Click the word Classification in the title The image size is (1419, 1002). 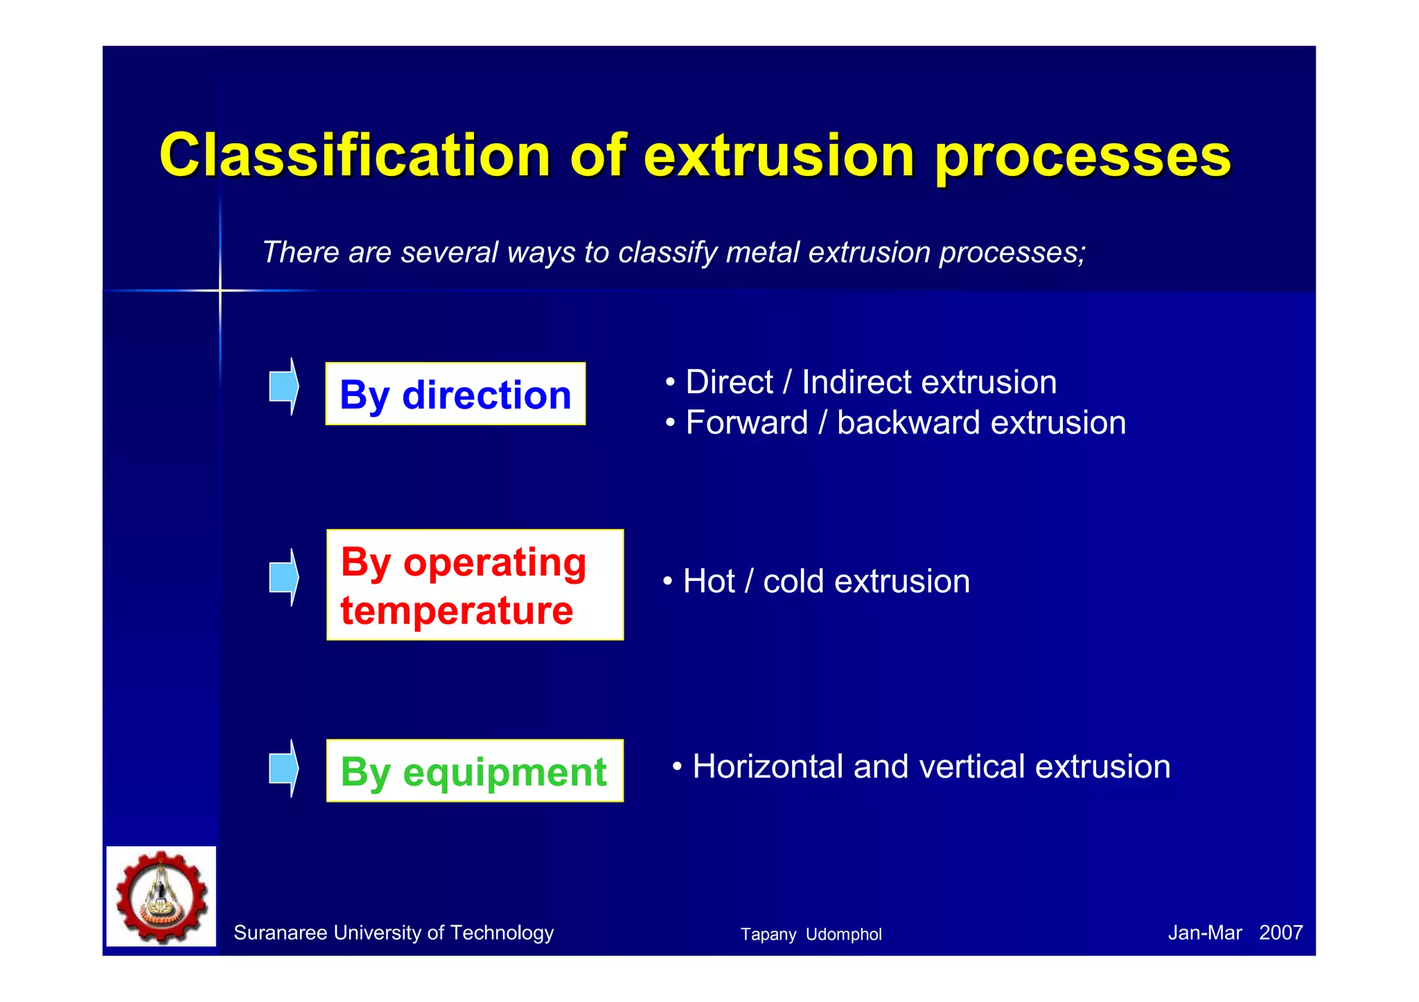[x=354, y=155]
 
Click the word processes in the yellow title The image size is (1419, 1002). [x=1082, y=156]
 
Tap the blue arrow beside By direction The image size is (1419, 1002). [x=283, y=386]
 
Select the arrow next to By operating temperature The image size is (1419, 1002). [x=283, y=577]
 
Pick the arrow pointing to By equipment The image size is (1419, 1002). [x=283, y=768]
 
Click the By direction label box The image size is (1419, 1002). [x=455, y=394]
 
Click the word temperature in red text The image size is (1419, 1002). [x=457, y=611]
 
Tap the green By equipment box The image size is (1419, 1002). [x=474, y=771]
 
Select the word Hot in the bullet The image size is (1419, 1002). [x=708, y=581]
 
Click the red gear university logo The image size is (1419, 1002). [x=161, y=896]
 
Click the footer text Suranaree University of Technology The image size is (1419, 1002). [x=394, y=933]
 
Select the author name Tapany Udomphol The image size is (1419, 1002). [x=811, y=934]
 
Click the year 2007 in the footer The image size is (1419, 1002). [x=1280, y=932]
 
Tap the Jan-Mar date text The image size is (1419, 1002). [x=1204, y=932]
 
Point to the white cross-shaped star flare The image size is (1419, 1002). [x=220, y=290]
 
